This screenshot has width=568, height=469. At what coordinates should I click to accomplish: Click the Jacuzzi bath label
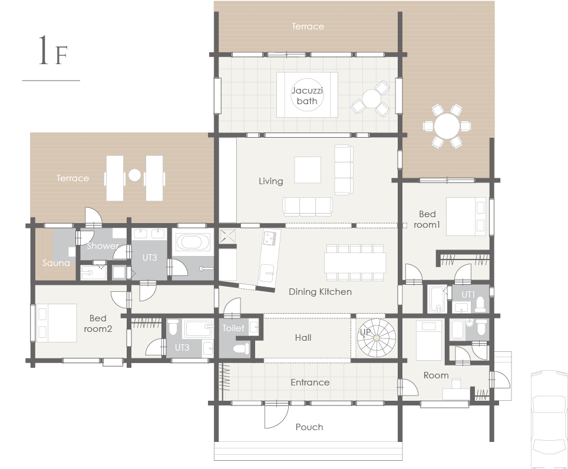(307, 95)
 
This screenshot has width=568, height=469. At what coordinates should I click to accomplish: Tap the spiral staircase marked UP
(377, 338)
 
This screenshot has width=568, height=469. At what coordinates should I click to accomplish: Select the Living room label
(270, 181)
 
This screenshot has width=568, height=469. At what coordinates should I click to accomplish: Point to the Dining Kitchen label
(320, 292)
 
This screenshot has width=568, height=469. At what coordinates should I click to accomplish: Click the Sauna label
(56, 262)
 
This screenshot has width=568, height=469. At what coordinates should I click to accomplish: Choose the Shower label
(103, 246)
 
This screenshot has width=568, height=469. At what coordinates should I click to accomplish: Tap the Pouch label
(309, 427)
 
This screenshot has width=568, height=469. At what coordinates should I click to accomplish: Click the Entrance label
(310, 382)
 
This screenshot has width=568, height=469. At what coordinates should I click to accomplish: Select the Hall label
(303, 338)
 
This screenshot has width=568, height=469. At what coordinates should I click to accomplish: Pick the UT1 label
(468, 295)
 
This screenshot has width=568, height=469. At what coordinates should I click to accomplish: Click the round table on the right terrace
(447, 126)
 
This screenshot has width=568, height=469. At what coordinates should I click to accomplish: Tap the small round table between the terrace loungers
(134, 175)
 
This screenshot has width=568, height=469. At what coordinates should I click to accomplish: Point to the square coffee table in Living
(308, 169)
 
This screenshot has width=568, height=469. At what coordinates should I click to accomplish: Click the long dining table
(355, 262)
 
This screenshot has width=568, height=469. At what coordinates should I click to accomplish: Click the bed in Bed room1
(466, 217)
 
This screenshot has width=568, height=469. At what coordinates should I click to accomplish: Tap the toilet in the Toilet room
(241, 349)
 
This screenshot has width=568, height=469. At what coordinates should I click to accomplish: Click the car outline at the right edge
(549, 419)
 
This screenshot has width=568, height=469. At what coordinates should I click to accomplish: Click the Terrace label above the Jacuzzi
(308, 26)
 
